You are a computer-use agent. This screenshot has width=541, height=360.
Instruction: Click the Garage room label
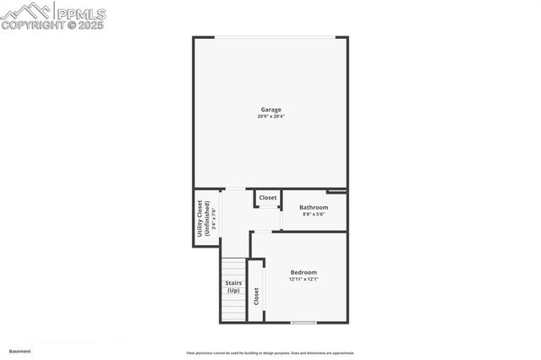[270, 109]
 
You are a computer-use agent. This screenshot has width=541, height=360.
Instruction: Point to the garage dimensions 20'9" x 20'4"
[270, 116]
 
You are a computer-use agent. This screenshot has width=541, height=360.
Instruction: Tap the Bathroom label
[314, 207]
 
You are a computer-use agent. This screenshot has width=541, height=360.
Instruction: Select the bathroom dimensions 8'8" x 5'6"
[314, 214]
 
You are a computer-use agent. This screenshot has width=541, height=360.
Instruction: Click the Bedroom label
[303, 271]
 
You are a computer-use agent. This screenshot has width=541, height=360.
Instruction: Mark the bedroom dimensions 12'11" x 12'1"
[303, 279]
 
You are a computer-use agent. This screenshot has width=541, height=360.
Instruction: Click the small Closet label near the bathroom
[267, 198]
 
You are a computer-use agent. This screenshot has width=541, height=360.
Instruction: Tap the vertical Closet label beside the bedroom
[257, 297]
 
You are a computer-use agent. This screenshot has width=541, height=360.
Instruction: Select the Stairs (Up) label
[233, 286]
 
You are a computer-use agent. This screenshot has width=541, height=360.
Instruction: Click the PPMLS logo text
[80, 14]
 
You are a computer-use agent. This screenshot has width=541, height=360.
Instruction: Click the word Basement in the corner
[19, 351]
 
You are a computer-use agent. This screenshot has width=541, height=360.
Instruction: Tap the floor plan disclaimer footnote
[270, 353]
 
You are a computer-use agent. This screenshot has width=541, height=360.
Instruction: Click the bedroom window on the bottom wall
[303, 322]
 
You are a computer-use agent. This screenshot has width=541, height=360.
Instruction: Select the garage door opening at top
[270, 37]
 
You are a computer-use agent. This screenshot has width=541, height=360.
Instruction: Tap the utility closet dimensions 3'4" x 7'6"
[213, 219]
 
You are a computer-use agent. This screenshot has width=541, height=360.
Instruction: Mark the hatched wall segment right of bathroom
[336, 190]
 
